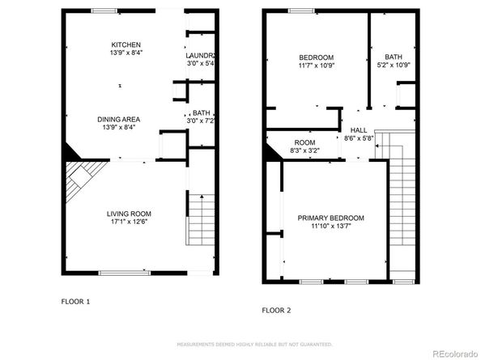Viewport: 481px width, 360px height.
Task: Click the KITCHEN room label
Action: click(x=126, y=44)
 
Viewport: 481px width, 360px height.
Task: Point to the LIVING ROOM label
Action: click(x=129, y=214)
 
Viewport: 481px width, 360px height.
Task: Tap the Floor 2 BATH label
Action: click(x=394, y=57)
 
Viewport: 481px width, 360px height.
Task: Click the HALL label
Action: click(x=358, y=129)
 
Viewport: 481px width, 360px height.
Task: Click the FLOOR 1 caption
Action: click(x=76, y=301)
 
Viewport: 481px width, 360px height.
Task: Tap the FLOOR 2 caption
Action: click(x=276, y=309)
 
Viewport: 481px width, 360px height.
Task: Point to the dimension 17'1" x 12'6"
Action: click(x=129, y=222)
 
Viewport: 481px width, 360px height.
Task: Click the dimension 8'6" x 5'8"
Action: click(x=358, y=138)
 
